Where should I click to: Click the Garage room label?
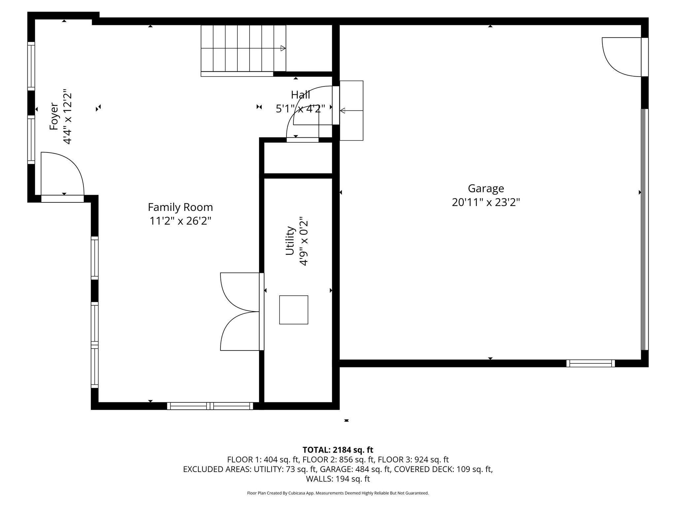click(486, 189)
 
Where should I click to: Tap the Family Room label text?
click(180, 207)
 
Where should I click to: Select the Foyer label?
click(54, 117)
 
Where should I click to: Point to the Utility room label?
click(290, 241)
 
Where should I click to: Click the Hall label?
click(300, 95)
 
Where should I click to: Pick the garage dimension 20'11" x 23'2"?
click(486, 202)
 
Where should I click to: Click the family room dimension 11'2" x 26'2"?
click(180, 221)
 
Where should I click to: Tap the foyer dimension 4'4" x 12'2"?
click(67, 117)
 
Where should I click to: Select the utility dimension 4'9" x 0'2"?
click(304, 241)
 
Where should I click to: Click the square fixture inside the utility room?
click(294, 310)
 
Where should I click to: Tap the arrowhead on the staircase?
click(283, 48)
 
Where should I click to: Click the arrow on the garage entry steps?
click(352, 111)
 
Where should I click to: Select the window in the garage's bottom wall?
click(591, 363)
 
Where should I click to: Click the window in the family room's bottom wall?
click(210, 406)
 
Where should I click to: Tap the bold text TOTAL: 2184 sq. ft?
click(338, 450)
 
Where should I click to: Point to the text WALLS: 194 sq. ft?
click(338, 479)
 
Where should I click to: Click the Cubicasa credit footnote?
click(338, 493)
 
